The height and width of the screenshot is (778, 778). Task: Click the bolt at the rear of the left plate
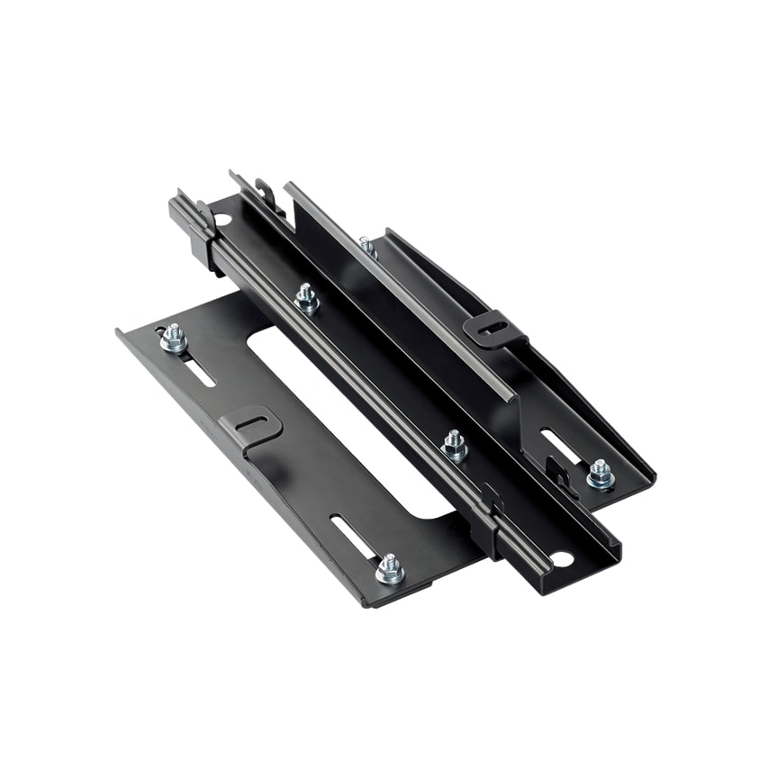tap(174, 339)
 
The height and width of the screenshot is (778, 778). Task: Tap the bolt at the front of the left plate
tap(389, 568)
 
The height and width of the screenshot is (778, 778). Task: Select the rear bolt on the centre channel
tap(306, 297)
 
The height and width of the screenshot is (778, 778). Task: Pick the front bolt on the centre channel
tap(454, 445)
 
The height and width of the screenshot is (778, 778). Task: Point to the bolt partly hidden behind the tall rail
tap(366, 244)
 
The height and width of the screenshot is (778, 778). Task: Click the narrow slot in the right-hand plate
tap(560, 446)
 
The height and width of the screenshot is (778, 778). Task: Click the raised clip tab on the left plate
tap(250, 426)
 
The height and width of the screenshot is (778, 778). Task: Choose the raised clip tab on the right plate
tap(494, 330)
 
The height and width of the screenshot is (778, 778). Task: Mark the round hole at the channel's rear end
tap(222, 219)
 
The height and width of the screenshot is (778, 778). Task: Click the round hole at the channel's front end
tap(560, 559)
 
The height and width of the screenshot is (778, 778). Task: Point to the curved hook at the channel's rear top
tap(264, 193)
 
